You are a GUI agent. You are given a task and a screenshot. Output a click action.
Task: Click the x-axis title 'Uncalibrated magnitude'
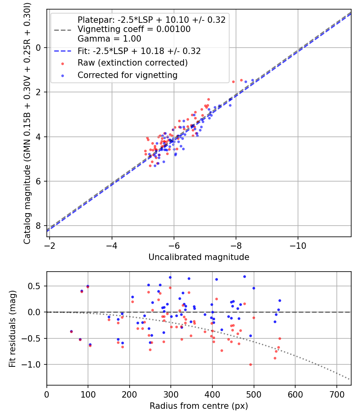[x=199, y=257]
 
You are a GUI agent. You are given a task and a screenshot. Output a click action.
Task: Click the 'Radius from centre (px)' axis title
[x=199, y=406]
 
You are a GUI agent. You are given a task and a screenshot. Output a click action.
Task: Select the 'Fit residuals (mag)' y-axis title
[x=12, y=328]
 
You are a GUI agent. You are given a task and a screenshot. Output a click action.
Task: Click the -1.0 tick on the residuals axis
[x=34, y=364]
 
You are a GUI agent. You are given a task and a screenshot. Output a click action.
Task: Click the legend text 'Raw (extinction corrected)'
[x=132, y=63]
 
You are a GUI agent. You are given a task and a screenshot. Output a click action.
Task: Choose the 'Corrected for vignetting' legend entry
[x=128, y=75]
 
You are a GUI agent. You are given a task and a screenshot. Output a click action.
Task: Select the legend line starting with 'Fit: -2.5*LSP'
[x=139, y=51]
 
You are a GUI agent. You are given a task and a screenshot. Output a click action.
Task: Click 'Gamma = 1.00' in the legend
[x=109, y=39]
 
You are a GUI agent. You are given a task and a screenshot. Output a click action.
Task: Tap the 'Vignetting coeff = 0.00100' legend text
[x=134, y=29]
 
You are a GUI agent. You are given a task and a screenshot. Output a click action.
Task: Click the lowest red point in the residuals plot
[x=250, y=364]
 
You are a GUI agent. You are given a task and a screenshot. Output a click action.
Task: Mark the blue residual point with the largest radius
[x=280, y=300]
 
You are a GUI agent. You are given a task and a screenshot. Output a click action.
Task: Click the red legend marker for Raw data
[x=63, y=63]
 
